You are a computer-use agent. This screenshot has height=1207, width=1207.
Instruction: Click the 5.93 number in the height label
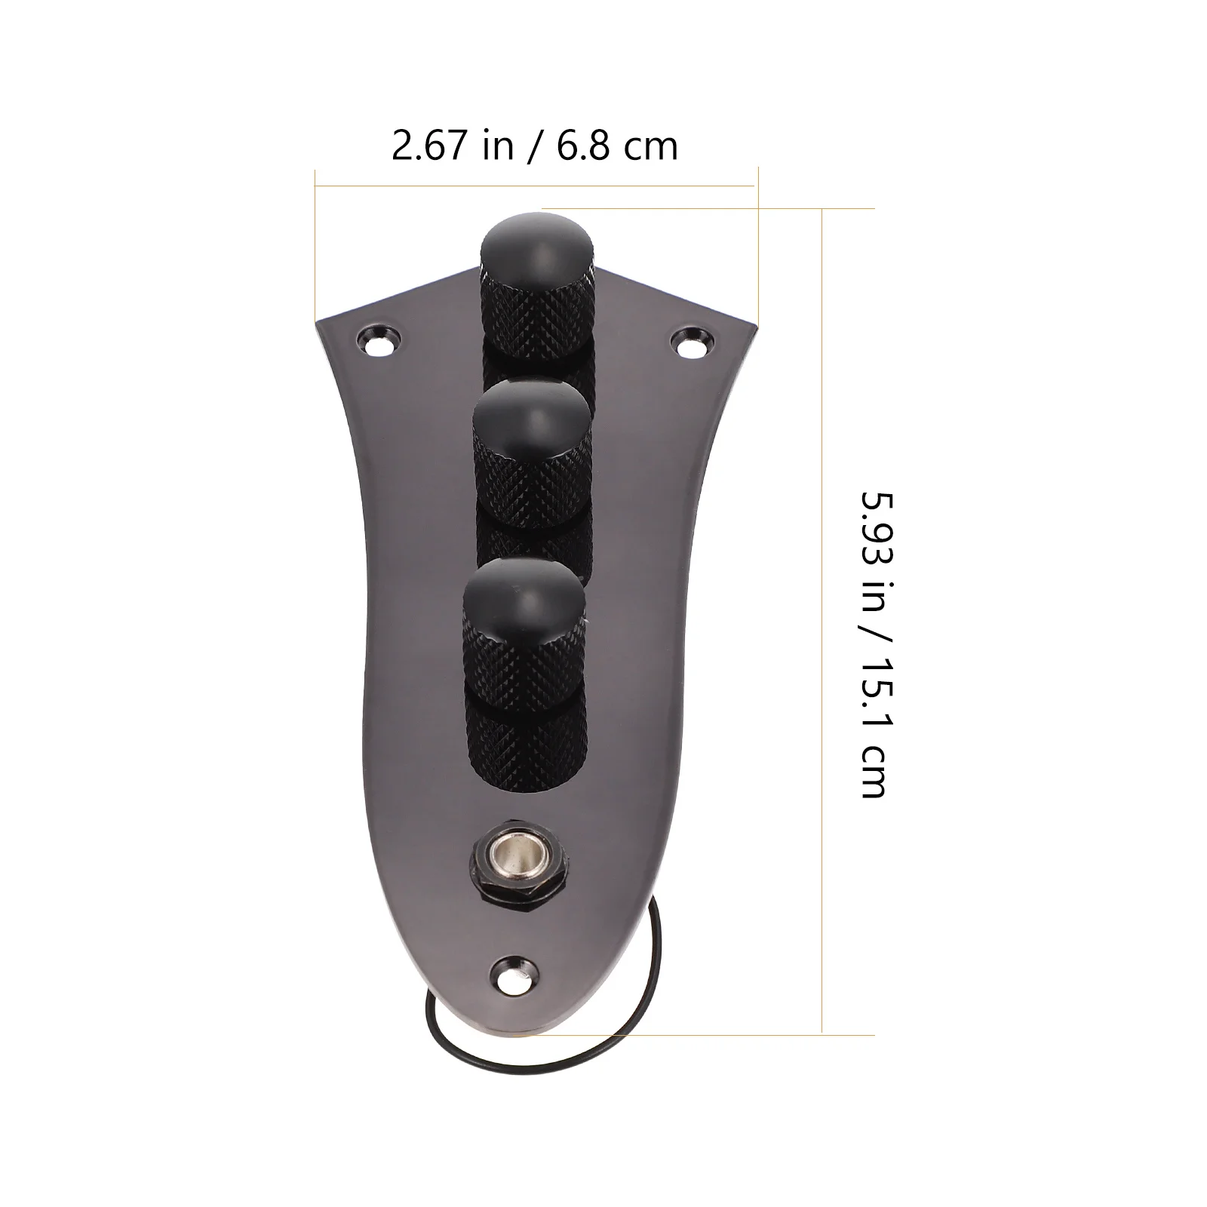click(x=874, y=524)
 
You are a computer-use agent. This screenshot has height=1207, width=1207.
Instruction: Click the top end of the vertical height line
click(x=822, y=209)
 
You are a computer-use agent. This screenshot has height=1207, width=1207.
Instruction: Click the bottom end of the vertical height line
click(x=822, y=1033)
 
